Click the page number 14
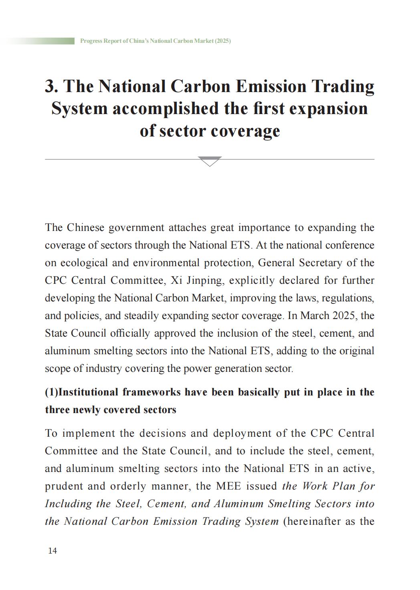tap(52, 551)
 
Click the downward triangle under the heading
tap(210, 161)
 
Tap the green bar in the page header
tap(40, 41)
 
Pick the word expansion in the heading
tap(328, 108)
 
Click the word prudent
tap(64, 486)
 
